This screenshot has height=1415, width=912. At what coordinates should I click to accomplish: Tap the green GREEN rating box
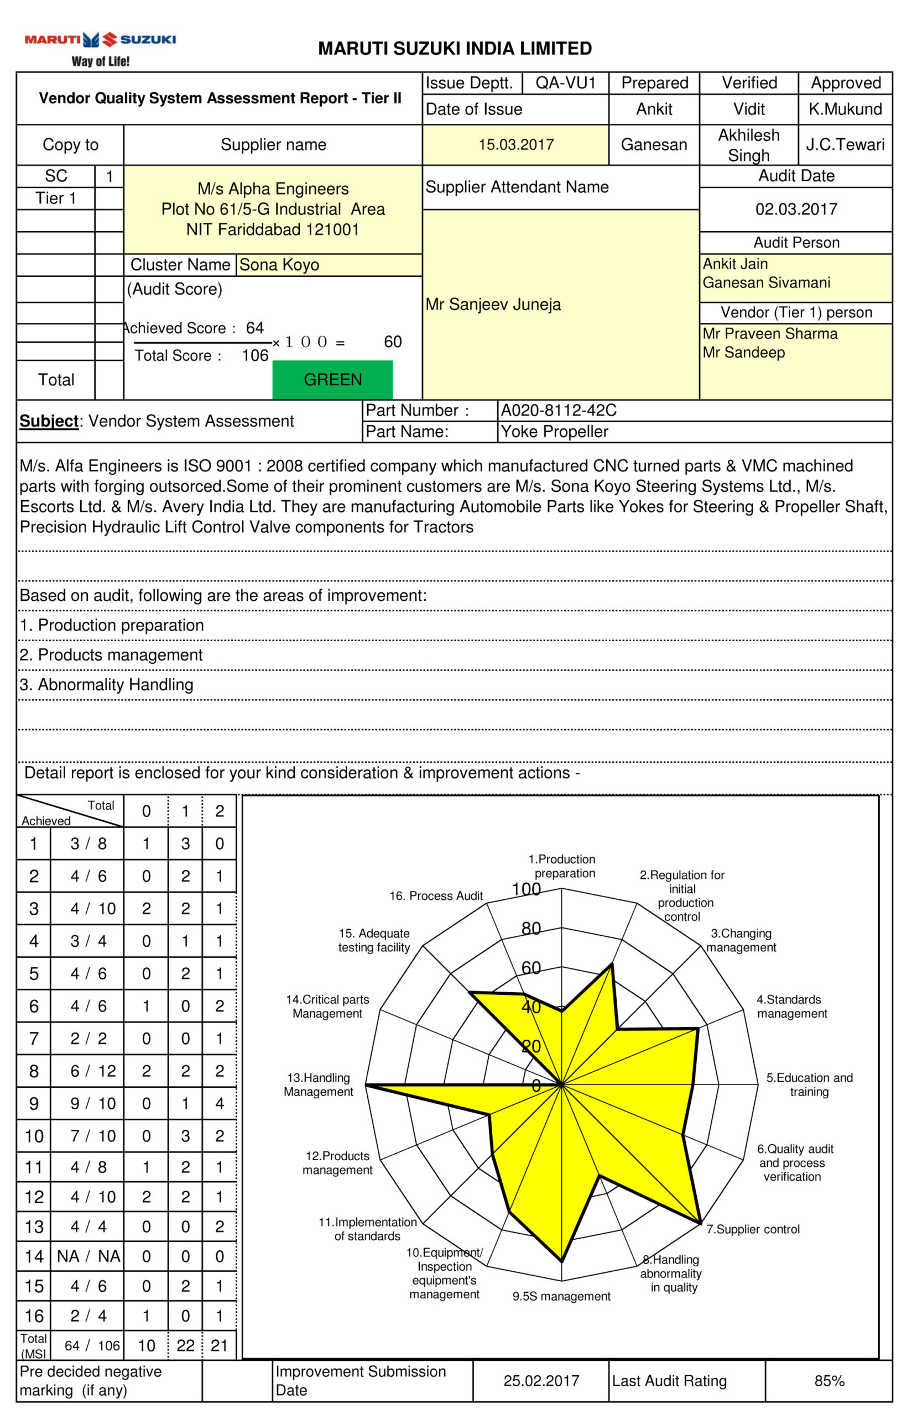point(332,379)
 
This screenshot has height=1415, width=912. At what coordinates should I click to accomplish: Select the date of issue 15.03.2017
point(516,144)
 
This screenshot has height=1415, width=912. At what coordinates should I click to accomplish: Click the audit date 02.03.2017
point(796,209)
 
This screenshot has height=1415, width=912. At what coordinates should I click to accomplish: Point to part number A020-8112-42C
point(559,410)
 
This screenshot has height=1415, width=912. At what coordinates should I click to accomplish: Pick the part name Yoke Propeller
point(554,432)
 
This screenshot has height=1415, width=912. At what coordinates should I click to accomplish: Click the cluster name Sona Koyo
point(279,265)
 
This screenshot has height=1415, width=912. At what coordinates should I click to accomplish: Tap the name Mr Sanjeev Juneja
point(493,304)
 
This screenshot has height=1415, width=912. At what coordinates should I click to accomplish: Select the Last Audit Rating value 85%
point(828,1381)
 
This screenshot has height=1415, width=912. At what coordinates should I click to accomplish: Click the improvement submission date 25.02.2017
point(541,1381)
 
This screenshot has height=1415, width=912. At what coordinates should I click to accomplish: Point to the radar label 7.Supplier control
point(753,1229)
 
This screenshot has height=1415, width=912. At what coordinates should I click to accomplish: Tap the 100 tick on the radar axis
point(527,889)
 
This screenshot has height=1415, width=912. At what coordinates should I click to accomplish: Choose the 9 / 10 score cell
point(87,1103)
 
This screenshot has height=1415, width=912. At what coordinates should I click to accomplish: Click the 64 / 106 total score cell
point(87,1346)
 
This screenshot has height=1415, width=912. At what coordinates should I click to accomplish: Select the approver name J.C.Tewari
point(845,144)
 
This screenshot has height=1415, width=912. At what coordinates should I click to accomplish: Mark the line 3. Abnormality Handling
point(107,685)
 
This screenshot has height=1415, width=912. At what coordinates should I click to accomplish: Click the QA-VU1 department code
point(566,83)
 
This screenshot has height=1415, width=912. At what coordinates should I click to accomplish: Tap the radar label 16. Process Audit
point(436,896)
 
